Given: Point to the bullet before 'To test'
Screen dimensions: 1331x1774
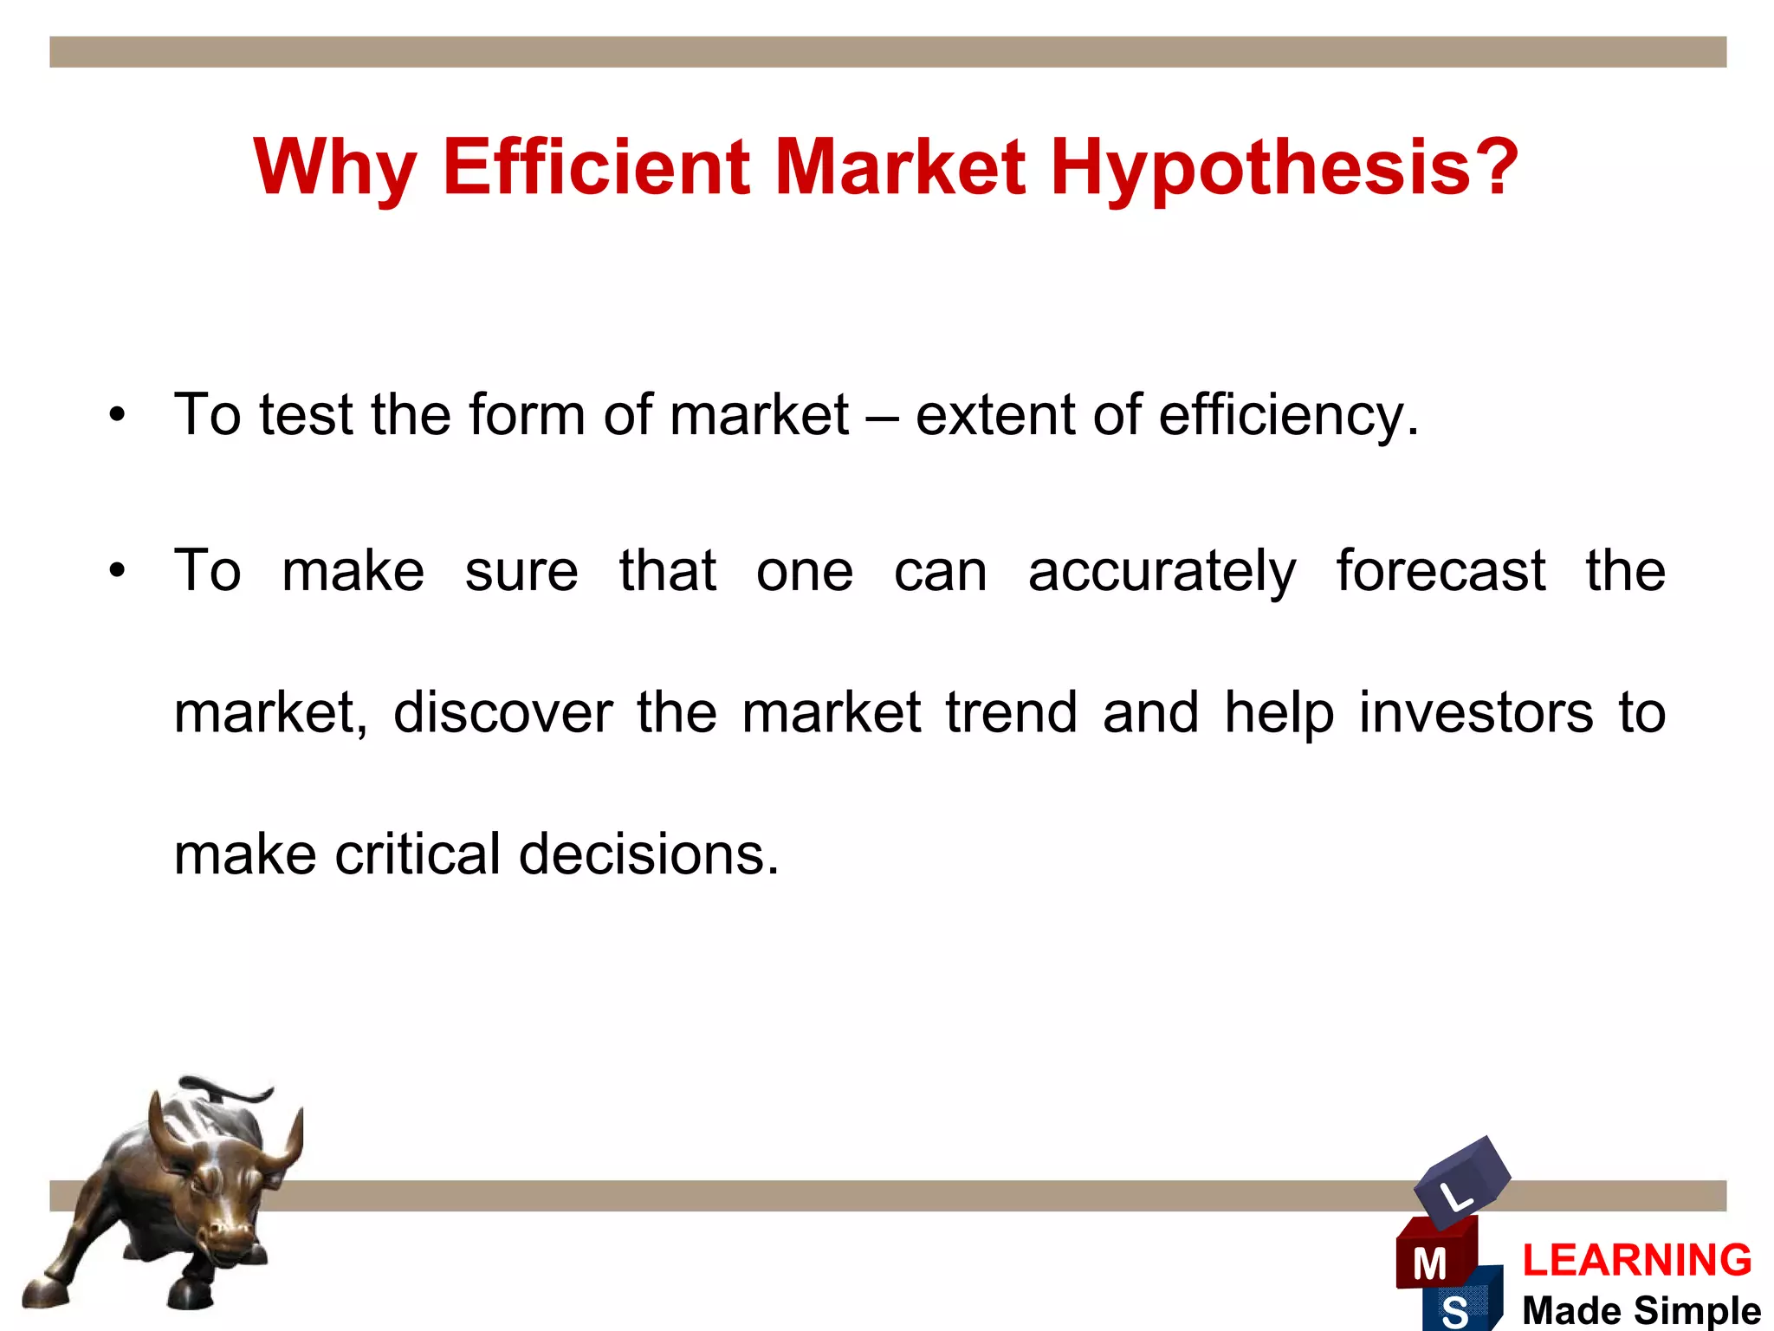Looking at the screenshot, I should point(117,414).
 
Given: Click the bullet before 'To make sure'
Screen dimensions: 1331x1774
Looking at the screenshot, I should point(117,571).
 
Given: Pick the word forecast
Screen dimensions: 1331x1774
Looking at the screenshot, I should point(1441,571).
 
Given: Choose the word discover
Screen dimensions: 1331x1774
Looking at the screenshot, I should point(502,712).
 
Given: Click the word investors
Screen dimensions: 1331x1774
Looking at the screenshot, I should point(1475,712).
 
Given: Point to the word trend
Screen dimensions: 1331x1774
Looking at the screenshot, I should point(1011,712).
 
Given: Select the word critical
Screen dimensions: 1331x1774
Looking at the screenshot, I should point(418,854).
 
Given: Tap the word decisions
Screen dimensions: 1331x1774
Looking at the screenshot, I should point(649,854).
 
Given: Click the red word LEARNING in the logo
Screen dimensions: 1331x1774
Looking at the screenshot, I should point(1636,1260).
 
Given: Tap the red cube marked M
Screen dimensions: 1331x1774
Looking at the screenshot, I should point(1434,1256).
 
